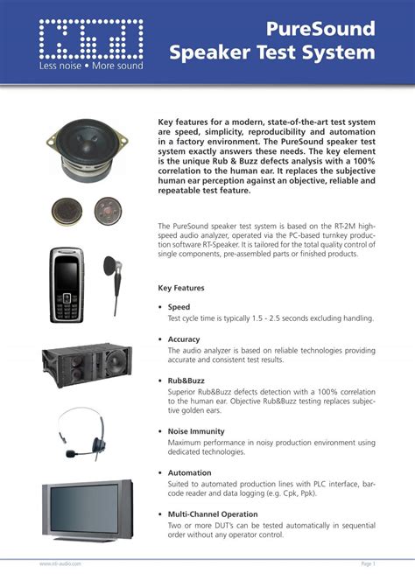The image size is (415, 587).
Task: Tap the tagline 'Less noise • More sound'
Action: coord(90,66)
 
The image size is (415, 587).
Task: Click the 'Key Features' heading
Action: coord(181,288)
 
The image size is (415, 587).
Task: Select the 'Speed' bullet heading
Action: coord(179,307)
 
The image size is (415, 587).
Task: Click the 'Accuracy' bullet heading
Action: coord(184,339)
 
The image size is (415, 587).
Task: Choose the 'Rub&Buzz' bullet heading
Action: coord(187,381)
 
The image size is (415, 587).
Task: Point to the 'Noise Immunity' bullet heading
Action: coord(196,431)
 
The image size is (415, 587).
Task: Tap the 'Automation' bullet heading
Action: coord(189,473)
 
